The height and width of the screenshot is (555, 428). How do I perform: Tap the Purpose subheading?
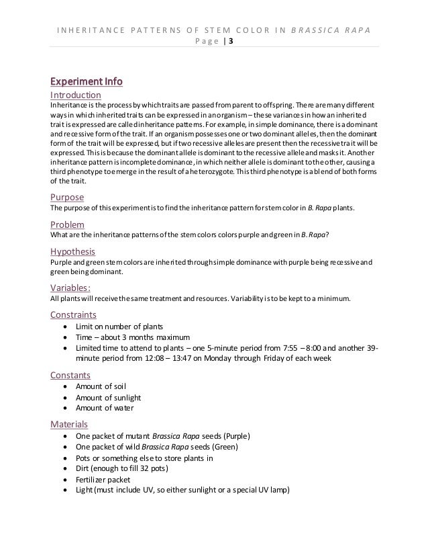(x=68, y=198)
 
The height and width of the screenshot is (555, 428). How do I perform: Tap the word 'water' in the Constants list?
(x=123, y=409)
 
